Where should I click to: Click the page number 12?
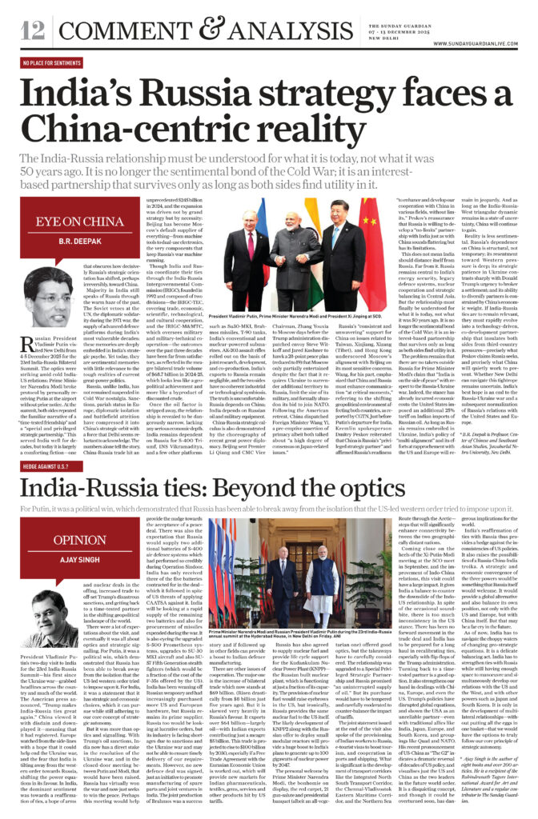coord(32,31)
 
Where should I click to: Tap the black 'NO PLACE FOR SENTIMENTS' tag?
coord(54,64)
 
